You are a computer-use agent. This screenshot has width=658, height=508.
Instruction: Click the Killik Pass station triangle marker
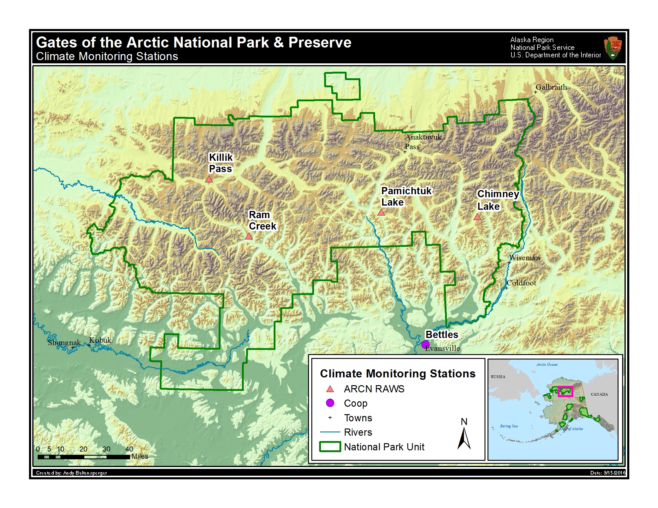pyautogui.click(x=209, y=179)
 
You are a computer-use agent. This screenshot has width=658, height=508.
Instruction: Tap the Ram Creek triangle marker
pyautogui.click(x=249, y=236)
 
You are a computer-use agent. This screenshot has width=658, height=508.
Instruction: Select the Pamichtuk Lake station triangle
pyautogui.click(x=381, y=212)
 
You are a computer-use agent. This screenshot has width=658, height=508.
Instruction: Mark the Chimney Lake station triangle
pyautogui.click(x=477, y=217)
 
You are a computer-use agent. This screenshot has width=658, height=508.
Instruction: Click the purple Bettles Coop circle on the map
pyautogui.click(x=425, y=344)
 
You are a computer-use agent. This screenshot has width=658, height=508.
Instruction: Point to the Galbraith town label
pyautogui.click(x=551, y=87)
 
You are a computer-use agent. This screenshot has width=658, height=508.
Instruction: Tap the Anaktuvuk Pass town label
pyautogui.click(x=422, y=141)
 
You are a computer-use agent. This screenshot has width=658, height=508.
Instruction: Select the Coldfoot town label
pyautogui.click(x=521, y=283)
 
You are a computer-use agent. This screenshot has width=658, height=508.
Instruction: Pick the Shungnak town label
pyautogui.click(x=64, y=342)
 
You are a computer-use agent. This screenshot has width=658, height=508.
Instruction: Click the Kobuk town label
pyautogui.click(x=100, y=340)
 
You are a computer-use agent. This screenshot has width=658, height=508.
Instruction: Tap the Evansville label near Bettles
pyautogui.click(x=443, y=348)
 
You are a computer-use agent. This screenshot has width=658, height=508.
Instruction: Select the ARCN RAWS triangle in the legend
pyautogui.click(x=330, y=389)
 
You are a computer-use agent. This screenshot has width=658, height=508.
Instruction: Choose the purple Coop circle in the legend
pyautogui.click(x=330, y=403)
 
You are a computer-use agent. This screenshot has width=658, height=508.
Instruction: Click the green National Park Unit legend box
pyautogui.click(x=330, y=447)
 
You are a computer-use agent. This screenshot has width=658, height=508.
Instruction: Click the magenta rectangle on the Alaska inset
pyautogui.click(x=565, y=391)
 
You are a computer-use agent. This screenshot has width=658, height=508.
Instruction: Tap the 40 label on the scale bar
pyautogui.click(x=129, y=449)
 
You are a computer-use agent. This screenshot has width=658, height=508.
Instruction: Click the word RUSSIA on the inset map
pyautogui.click(x=498, y=377)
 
